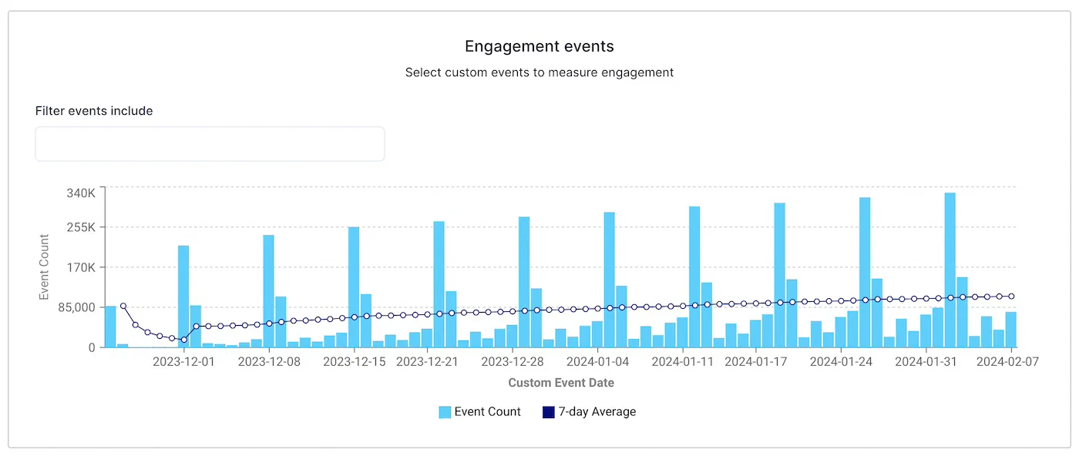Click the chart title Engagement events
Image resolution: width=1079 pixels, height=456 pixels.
point(539,46)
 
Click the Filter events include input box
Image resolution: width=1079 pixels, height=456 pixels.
point(210,144)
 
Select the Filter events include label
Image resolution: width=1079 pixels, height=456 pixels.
point(94,111)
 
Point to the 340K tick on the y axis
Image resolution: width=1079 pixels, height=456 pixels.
point(80,193)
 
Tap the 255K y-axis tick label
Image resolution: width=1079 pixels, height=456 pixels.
point(80,227)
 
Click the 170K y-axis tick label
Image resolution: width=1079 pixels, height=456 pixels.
point(80,267)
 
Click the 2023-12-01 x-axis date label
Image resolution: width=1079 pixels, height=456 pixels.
point(183,360)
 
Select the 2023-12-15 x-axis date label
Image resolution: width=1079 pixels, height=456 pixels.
point(354,360)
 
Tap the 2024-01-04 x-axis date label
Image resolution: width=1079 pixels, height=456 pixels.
point(597,360)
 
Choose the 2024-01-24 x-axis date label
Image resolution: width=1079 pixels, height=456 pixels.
point(841,360)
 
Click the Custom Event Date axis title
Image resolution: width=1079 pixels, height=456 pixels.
point(561,382)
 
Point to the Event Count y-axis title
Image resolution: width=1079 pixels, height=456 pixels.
point(44,267)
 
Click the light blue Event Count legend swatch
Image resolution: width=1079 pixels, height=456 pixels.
point(445,412)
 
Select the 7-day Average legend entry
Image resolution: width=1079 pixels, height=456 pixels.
point(590,412)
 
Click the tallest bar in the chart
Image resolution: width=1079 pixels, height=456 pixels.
point(950,270)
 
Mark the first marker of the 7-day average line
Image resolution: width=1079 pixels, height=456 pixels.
point(123,306)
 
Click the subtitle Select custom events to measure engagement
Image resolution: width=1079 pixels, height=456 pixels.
point(539,72)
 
